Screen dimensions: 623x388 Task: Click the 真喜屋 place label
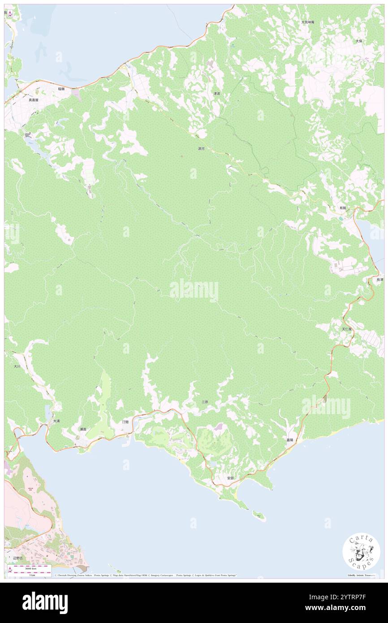pos(34,100)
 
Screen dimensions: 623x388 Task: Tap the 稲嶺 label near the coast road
pos(61,89)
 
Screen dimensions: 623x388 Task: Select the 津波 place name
pos(216,94)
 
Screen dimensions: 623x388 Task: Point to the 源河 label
pos(201,148)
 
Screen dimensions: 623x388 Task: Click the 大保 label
pos(358,41)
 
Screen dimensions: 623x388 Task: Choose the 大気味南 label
pos(307,22)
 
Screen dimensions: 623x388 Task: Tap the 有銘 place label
pos(343,208)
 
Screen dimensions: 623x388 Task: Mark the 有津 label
pos(379,280)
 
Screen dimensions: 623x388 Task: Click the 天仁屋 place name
pos(347,329)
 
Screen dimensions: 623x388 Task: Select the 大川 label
pos(17,366)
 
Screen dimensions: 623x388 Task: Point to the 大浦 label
pos(56,421)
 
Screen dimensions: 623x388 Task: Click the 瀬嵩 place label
pos(82,429)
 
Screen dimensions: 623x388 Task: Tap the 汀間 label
pos(126,422)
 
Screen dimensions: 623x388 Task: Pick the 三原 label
pos(204,402)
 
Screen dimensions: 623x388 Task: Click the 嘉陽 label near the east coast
pos(290,440)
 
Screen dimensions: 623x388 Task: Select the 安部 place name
pos(230,478)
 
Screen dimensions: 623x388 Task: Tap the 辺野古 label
pos(17,558)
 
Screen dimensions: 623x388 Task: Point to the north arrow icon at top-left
pos(10,14)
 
